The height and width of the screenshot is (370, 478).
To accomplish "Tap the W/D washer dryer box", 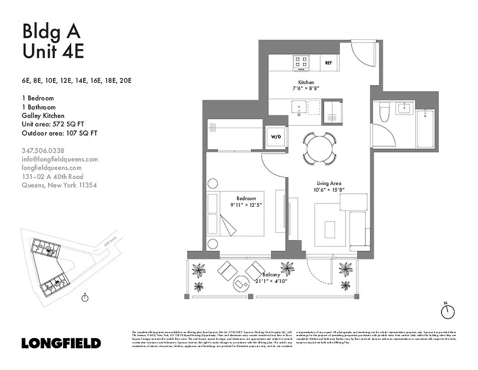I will [276, 137].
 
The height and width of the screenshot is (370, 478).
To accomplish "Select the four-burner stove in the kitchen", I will [302, 62].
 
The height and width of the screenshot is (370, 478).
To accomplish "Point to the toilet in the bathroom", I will [384, 111].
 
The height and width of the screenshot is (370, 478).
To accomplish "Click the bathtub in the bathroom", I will [425, 129].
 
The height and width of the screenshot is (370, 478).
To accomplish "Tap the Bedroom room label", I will [246, 198].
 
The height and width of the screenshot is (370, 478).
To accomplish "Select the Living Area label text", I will [329, 183].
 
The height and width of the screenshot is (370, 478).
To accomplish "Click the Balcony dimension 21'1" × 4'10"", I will [272, 281].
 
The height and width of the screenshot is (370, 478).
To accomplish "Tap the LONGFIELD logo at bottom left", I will [61, 343].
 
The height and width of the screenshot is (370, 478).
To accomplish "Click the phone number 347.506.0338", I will [43, 150].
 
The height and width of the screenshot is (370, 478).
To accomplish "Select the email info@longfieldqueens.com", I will [60, 159].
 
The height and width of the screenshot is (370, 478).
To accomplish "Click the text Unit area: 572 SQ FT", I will [60, 124].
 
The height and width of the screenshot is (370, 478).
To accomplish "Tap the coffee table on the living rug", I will [330, 229].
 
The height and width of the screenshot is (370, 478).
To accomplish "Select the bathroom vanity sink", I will [405, 109].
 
